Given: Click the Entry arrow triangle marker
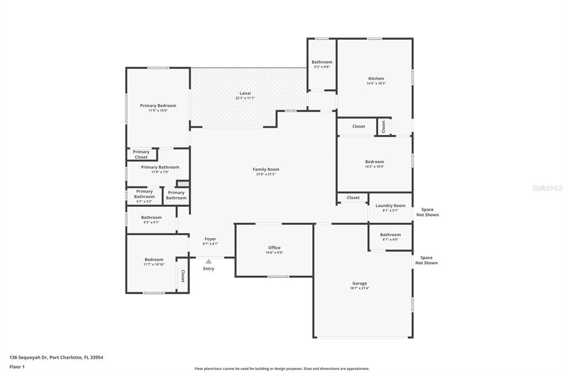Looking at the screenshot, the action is point(209,261).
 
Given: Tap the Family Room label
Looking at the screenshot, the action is point(266,169).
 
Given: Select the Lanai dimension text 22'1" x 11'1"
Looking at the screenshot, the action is point(245,98).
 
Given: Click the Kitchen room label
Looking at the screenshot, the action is point(376,78).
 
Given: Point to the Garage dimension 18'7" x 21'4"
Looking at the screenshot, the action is point(360,288).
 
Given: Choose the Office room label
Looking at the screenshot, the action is point(274,248).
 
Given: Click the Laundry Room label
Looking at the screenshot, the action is point(391,206).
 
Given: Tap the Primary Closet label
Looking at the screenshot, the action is point(141,154).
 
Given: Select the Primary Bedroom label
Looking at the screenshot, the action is point(158,105).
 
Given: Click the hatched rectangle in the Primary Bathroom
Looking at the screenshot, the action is point(183,184).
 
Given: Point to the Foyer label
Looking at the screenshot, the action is point(210,239).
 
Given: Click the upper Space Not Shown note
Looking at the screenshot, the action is point(427,212).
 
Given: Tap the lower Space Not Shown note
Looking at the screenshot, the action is point(427,260).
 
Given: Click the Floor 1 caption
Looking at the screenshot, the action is point(17,367).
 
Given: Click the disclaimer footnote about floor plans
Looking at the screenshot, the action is point(282,369).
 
